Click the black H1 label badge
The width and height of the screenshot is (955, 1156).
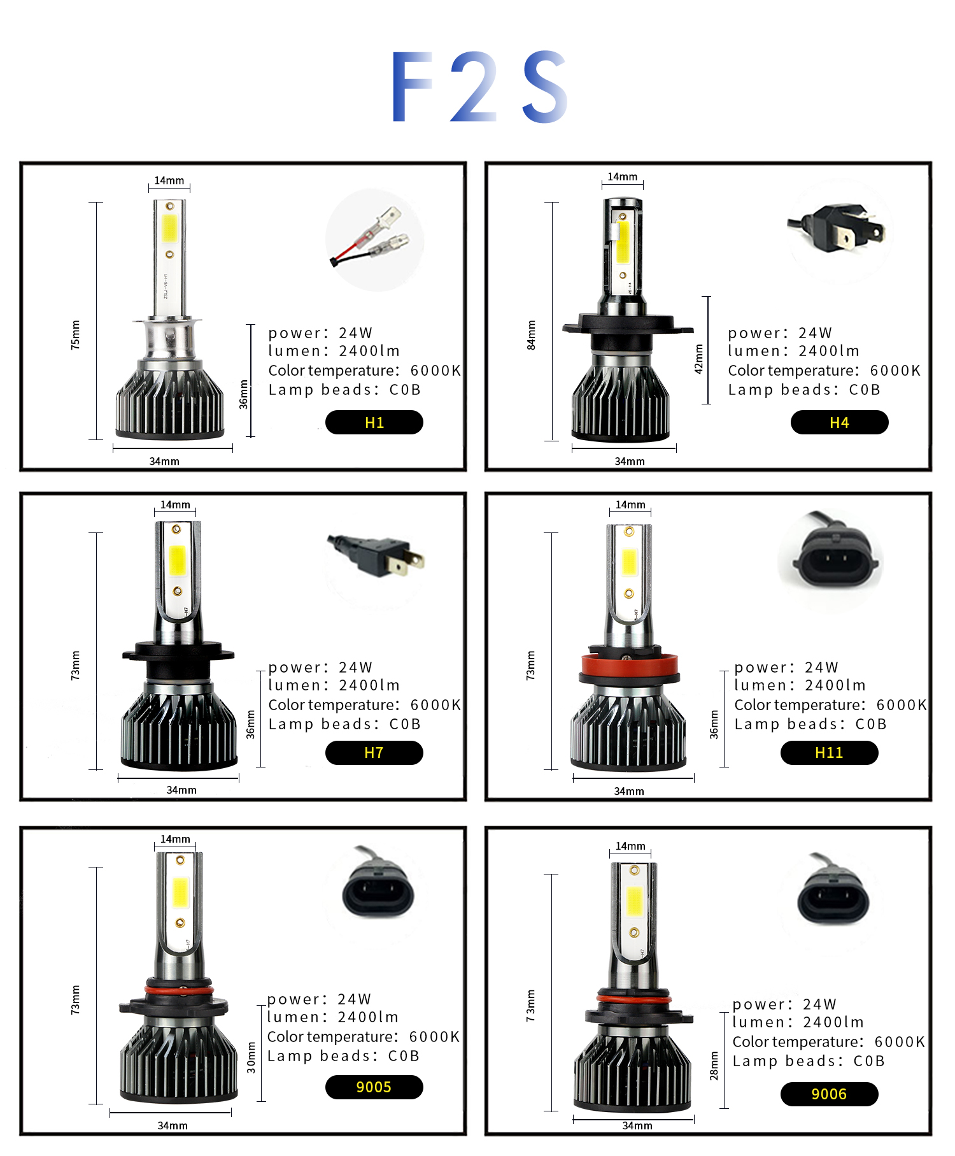pyautogui.click(x=374, y=422)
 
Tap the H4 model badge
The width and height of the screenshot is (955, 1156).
pyautogui.click(x=839, y=422)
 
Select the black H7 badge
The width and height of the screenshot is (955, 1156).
pyautogui.click(x=374, y=752)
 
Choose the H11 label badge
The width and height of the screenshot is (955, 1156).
pyautogui.click(x=829, y=752)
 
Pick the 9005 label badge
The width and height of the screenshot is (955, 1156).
pyautogui.click(x=374, y=1087)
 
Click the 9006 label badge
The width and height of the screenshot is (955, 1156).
pyautogui.click(x=829, y=1094)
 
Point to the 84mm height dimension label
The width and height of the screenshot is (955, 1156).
pyautogui.click(x=532, y=335)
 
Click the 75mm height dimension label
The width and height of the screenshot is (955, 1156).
pyautogui.click(x=76, y=335)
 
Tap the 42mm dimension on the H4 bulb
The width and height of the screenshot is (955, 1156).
pyautogui.click(x=699, y=359)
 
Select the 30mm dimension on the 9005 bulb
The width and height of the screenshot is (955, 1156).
pyautogui.click(x=251, y=1058)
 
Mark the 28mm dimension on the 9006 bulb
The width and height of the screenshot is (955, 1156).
pyautogui.click(x=714, y=1066)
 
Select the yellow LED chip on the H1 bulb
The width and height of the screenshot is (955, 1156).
pyautogui.click(x=169, y=228)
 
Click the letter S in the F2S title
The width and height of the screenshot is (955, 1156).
pyautogui.click(x=545, y=86)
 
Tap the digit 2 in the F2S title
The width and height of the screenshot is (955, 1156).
pyautogui.click(x=474, y=87)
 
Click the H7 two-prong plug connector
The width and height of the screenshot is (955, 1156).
pyautogui.click(x=376, y=554)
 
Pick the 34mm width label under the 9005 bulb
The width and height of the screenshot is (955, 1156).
pyautogui.click(x=173, y=1125)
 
